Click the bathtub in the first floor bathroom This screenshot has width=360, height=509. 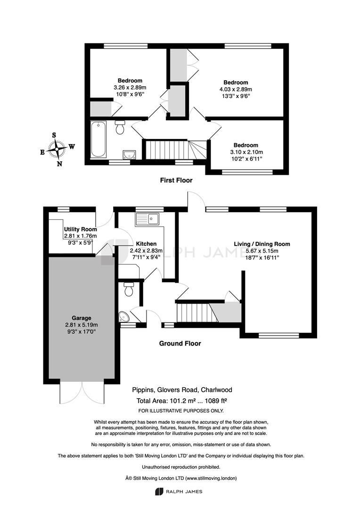coord(98,139)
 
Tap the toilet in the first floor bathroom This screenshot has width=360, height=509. coord(120,128)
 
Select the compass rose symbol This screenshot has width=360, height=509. coord(57,149)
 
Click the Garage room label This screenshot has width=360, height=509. coord(82,318)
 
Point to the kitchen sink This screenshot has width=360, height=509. coord(147,220)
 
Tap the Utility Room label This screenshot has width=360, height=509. coord(80,230)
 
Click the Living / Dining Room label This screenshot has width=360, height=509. coord(262,244)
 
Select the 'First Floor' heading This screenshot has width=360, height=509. coord(176,180)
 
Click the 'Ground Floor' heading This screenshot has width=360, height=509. coord(180,344)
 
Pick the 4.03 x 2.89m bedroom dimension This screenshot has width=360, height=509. coord(236,89)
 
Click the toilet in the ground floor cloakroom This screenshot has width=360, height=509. coord(129,289)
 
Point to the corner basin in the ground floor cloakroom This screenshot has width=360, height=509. coord(123,316)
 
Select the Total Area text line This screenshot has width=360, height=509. coord(181,401)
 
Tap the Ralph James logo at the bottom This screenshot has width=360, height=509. coord(179,492)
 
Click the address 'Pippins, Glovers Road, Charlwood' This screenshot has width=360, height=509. coord(182,390)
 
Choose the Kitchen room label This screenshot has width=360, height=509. coord(146,244)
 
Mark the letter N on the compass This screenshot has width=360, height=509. coord(59,164)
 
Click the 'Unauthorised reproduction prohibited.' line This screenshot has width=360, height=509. coord(181,467)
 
